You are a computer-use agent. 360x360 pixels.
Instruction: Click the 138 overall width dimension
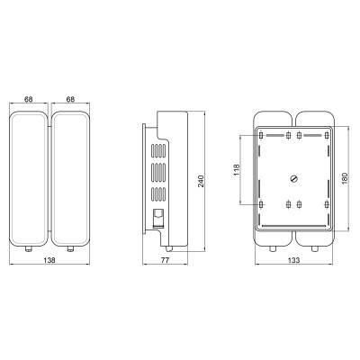49,260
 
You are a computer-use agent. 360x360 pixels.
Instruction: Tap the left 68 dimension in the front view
29,99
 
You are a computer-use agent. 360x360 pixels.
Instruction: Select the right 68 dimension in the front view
70,99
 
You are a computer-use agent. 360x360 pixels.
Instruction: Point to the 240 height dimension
201,181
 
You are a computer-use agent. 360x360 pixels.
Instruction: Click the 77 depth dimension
165,260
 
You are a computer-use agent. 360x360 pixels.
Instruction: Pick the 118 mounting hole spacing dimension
237,170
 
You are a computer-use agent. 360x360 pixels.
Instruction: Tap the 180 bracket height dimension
344,178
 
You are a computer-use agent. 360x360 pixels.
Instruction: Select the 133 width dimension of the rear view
293,260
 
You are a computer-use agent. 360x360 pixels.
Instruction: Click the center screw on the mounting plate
294,179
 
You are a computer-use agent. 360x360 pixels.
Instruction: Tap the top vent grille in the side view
158,151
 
